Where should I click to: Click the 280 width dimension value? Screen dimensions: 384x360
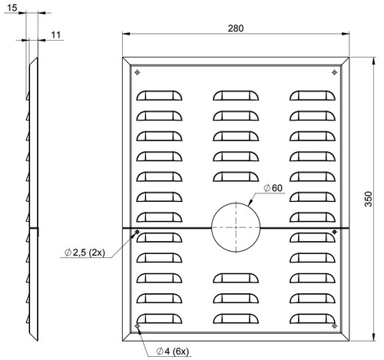(236, 28)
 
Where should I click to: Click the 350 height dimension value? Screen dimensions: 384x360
(368, 199)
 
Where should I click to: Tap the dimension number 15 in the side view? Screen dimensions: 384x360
(12, 8)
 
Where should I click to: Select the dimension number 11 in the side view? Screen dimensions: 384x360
(55, 35)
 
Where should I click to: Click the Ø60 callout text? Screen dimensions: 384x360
(273, 188)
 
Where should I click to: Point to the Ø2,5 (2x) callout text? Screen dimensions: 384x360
(84, 253)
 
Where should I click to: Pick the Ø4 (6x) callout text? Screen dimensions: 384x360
(173, 351)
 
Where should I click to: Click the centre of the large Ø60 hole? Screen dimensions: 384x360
(236, 227)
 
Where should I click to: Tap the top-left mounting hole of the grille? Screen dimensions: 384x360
(137, 72)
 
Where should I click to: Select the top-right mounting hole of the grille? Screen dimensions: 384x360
(334, 72)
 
